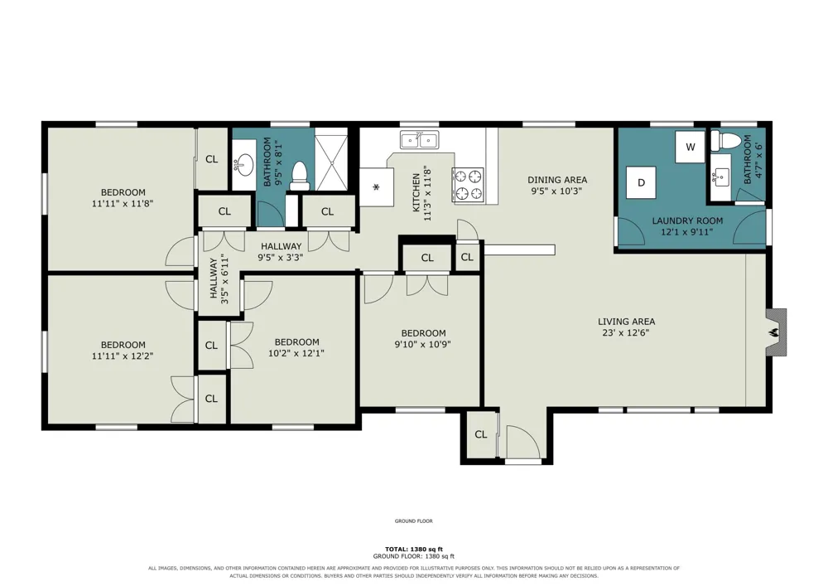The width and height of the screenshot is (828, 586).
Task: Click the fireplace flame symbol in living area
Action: pos(774,332)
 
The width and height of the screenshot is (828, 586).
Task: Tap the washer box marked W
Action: pos(691,147)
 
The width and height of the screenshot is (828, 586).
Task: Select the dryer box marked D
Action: pos(641,183)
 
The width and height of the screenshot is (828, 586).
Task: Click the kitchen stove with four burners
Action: pos(469,185)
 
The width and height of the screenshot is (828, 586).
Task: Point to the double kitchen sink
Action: pos(419,141)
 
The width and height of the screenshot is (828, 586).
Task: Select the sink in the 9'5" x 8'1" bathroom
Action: pos(243,164)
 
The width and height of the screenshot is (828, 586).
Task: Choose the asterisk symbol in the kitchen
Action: pos(376,187)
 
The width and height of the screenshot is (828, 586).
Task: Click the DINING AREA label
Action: pos(557,180)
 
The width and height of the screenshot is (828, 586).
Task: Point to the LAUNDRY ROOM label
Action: pos(687,220)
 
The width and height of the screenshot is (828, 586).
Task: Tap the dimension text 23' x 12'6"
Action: pos(626,333)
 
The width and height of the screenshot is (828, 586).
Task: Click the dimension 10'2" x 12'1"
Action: pos(296,353)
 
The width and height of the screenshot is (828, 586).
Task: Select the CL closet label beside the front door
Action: pos(480,434)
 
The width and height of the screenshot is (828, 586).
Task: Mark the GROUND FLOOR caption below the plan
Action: pos(413,521)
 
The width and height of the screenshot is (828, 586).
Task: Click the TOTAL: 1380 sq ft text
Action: pos(413,549)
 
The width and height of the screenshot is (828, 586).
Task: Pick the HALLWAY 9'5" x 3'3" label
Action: pos(281,252)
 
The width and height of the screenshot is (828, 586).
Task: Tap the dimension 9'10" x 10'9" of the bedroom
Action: pos(423,345)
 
